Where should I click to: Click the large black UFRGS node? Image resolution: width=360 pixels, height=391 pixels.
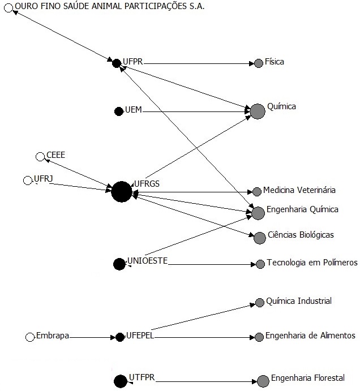coord(122,192)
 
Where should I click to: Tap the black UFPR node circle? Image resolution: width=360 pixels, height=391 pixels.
coord(116,63)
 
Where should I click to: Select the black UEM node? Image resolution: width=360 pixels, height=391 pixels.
coord(118,111)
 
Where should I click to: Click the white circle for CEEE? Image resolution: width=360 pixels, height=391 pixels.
coord(40,157)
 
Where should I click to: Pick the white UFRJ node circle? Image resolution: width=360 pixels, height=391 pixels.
coord(27,181)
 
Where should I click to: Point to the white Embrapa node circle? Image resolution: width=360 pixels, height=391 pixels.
coord(30,337)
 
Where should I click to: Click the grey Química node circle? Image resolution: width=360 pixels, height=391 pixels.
coord(258,111)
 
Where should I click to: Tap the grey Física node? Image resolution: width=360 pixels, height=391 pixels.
coord(259,63)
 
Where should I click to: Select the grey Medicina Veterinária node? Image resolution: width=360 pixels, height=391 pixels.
coord(257,191)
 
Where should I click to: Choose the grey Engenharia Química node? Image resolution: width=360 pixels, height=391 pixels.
coord(258,213)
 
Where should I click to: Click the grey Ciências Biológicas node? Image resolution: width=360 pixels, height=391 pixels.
coord(259,238)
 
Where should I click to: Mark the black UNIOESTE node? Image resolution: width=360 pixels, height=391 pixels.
coord(119,264)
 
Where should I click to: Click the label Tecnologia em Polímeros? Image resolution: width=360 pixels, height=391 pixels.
coord(312,263)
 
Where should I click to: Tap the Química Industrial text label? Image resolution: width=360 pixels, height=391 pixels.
coord(298,300)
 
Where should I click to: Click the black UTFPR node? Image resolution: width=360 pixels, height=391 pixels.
coord(119,381)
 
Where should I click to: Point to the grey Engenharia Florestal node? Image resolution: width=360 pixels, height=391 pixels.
coord(262,381)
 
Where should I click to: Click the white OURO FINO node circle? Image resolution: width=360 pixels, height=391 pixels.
coord(8,8)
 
